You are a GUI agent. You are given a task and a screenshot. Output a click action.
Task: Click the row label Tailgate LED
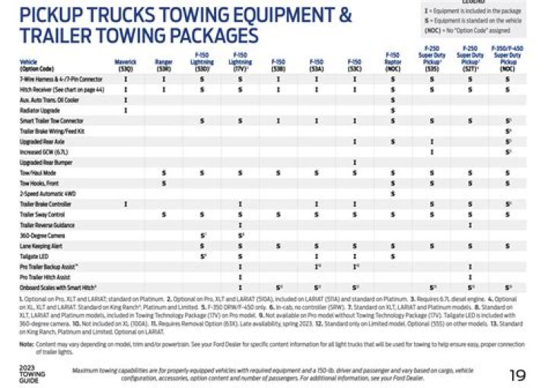click(33, 257)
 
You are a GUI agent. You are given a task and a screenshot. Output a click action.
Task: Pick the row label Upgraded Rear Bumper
click(42, 162)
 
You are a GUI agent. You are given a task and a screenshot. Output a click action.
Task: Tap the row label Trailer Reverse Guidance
click(46, 225)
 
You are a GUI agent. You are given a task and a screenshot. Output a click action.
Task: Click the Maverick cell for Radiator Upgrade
click(125, 110)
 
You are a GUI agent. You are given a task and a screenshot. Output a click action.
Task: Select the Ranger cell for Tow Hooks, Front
click(163, 183)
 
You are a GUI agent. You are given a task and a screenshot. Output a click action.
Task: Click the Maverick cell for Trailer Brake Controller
click(125, 205)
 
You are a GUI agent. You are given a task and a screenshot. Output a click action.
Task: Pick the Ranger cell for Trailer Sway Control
click(163, 215)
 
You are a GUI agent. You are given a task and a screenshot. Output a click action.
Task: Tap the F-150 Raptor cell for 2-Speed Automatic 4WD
click(392, 194)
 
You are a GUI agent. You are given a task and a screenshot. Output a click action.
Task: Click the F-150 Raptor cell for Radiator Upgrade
click(392, 110)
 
